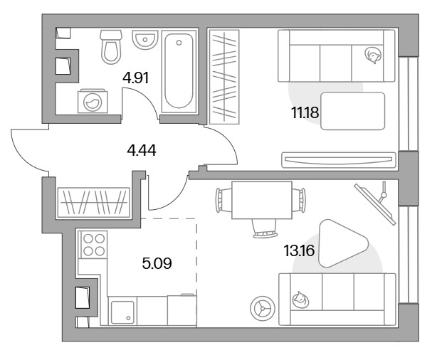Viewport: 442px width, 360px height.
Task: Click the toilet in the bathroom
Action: [111, 47]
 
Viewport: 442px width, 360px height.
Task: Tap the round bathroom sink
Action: [144, 40]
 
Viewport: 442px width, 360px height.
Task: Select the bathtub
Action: [179, 71]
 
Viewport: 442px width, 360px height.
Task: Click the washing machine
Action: [93, 101]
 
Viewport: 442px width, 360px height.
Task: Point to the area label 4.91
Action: [135, 78]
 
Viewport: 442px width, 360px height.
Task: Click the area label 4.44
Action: [142, 150]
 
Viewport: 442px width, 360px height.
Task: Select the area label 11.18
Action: [305, 113]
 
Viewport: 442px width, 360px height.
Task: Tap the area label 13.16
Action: [299, 250]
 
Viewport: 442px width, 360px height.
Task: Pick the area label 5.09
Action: [157, 264]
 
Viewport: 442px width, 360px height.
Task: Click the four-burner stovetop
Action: [94, 245]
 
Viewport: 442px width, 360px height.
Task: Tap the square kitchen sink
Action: [122, 312]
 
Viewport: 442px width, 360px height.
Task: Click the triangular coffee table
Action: [343, 243]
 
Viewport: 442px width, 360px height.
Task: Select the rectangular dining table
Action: [262, 200]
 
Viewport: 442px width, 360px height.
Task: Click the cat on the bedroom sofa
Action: [373, 55]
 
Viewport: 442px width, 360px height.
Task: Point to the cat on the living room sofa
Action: [300, 300]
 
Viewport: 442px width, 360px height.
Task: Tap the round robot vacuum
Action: [263, 308]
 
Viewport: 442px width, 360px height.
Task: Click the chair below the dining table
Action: [265, 228]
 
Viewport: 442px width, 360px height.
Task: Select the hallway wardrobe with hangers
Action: [93, 203]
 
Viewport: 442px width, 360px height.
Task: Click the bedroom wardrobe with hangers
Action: [224, 77]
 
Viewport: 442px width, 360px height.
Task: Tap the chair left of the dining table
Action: [223, 200]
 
